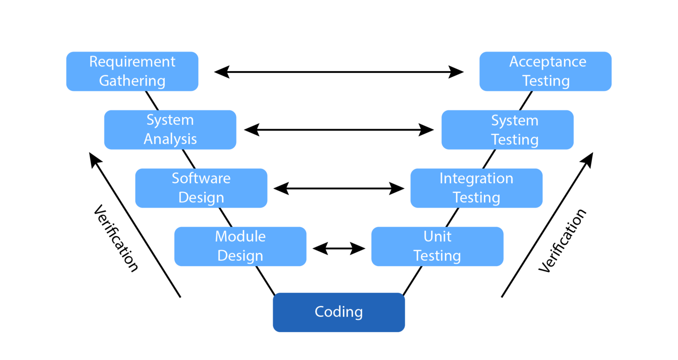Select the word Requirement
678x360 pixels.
coord(132,62)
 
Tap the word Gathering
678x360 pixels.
coord(132,81)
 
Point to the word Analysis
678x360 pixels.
coord(170,139)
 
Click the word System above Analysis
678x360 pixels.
coord(170,120)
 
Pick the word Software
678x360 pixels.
coord(201,178)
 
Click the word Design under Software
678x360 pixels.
coord(201,197)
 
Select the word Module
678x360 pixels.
coord(240,236)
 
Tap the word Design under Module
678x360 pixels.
coord(240,255)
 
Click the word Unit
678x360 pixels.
coord(437,236)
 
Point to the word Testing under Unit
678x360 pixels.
coord(437,255)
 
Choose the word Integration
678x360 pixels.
coord(476,178)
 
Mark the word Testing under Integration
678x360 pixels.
coord(476,197)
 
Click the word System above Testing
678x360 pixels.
coord(515,120)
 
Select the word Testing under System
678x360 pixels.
coord(515,139)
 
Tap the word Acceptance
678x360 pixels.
coord(548,62)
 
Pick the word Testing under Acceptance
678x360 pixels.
coord(546,81)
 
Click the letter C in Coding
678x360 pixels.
coord(320,311)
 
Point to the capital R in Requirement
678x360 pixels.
coord(94,62)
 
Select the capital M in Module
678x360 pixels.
coord(221,236)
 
